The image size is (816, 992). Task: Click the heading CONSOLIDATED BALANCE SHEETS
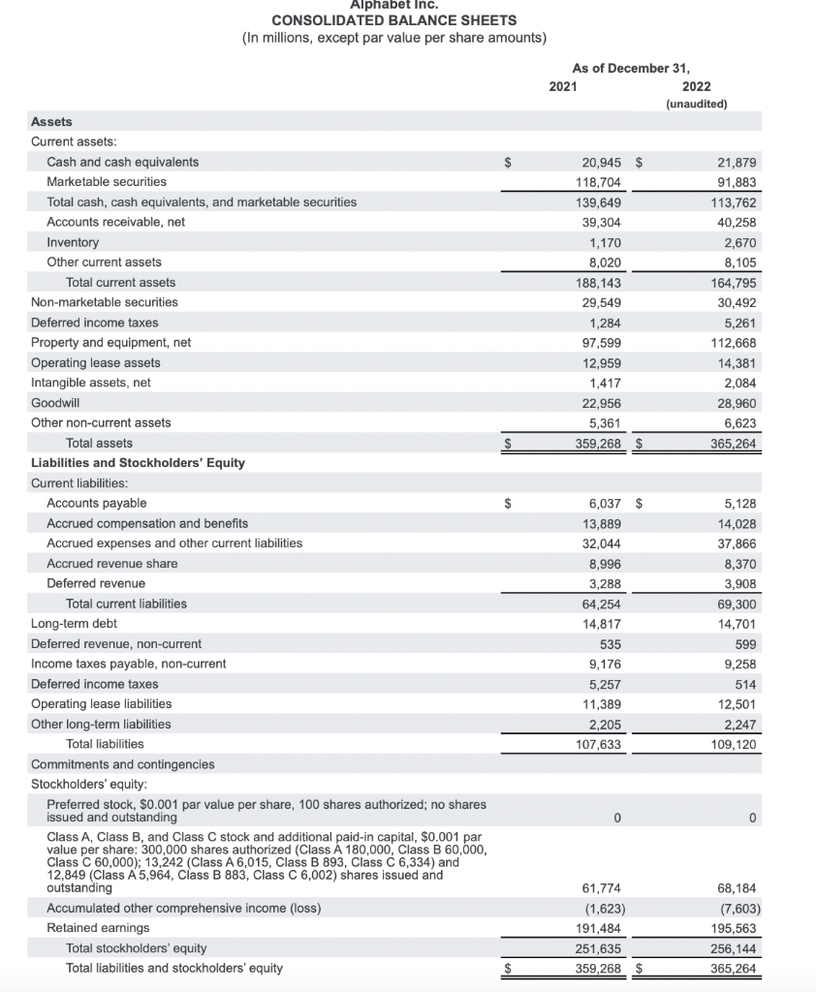[393, 20]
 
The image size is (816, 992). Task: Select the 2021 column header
[563, 86]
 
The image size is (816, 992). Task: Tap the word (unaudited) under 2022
[696, 104]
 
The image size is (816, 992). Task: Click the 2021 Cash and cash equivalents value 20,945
[601, 162]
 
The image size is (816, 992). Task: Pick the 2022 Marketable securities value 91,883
[736, 182]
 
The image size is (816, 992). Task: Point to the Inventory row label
[73, 242]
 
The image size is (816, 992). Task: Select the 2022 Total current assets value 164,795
[733, 283]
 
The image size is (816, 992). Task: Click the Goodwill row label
[55, 402]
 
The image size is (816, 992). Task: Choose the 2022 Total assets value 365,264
[733, 444]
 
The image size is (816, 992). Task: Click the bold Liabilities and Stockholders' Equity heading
[138, 463]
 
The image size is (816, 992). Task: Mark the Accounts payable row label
[97, 503]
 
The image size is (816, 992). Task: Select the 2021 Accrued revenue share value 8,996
[605, 564]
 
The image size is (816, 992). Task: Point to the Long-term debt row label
[74, 624]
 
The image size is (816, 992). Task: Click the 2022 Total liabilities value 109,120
[733, 745]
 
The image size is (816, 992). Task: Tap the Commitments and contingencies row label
[123, 764]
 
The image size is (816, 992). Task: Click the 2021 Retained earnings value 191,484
[601, 929]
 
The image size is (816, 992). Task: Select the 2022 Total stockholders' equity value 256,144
[733, 948]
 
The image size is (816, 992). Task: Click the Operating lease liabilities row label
[101, 704]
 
